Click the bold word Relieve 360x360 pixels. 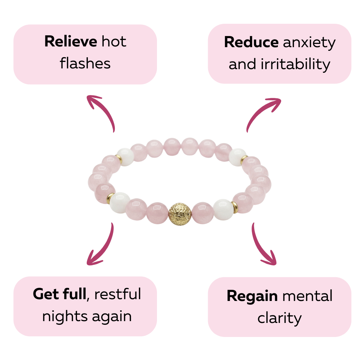coord(71,42)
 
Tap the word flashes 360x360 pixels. coord(85,64)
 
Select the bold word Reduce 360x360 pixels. coord(251,42)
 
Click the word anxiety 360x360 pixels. coord(309,43)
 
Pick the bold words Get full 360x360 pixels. coord(60,294)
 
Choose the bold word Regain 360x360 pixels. coord(252,296)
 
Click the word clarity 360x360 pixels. coord(279,318)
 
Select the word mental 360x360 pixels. coord(307,296)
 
